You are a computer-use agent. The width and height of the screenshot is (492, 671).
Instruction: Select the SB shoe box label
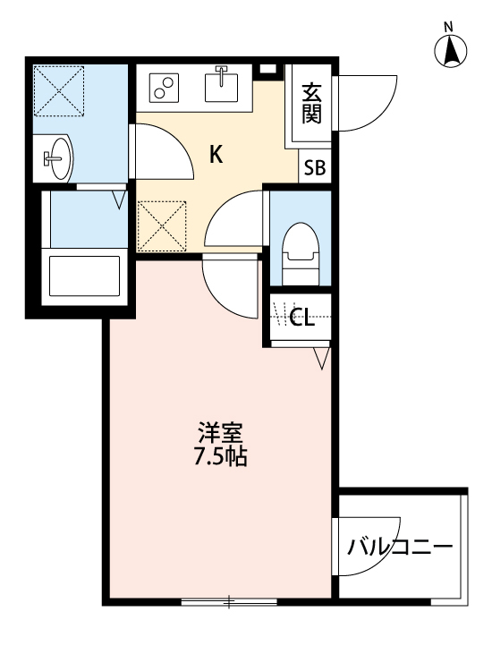[x=314, y=166]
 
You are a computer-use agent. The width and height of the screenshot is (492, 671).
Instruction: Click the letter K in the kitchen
[x=216, y=154]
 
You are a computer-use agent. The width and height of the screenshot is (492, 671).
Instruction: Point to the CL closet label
[x=302, y=318]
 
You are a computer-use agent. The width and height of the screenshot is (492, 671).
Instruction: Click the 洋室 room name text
[x=221, y=433]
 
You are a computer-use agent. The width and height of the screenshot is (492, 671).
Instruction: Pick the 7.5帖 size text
[x=221, y=457]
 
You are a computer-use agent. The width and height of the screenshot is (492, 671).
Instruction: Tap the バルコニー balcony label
[x=401, y=545]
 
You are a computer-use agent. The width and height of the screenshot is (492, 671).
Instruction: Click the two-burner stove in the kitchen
[x=164, y=87]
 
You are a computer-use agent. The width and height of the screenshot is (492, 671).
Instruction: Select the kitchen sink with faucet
[x=220, y=86]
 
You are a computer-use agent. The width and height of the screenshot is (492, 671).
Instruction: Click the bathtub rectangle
[x=84, y=275]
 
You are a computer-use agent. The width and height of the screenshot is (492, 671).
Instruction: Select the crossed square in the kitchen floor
[x=161, y=225]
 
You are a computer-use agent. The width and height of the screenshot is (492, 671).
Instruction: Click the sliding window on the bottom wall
[x=229, y=602]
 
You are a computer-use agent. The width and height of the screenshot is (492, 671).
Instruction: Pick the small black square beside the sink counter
[x=267, y=70]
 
